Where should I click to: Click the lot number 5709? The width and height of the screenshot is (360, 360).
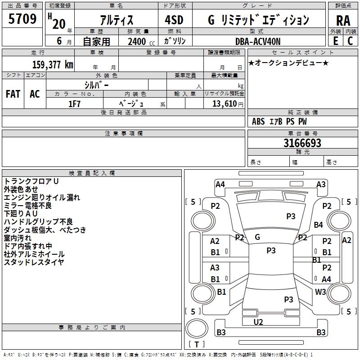23,19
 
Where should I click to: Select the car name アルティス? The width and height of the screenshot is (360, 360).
116,20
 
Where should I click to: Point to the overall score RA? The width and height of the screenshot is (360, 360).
343,20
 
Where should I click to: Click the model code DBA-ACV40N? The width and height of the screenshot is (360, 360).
258,41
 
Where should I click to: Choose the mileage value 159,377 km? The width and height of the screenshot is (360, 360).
52,64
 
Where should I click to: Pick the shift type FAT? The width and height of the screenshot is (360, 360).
13,94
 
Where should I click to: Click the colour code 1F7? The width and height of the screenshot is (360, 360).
74,103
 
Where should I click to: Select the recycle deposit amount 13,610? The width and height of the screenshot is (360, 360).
224,104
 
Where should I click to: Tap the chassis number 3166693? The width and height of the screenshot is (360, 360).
302,144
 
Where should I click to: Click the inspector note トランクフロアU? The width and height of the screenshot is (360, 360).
31,181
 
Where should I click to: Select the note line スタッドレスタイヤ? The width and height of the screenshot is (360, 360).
34,262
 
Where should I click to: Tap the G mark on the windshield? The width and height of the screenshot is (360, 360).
257,237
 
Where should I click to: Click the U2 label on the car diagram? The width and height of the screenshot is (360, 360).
258,322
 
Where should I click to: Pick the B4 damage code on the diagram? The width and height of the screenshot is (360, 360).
319,225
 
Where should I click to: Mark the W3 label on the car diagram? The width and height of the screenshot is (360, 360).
320,292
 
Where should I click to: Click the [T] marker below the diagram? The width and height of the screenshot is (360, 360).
197,345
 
